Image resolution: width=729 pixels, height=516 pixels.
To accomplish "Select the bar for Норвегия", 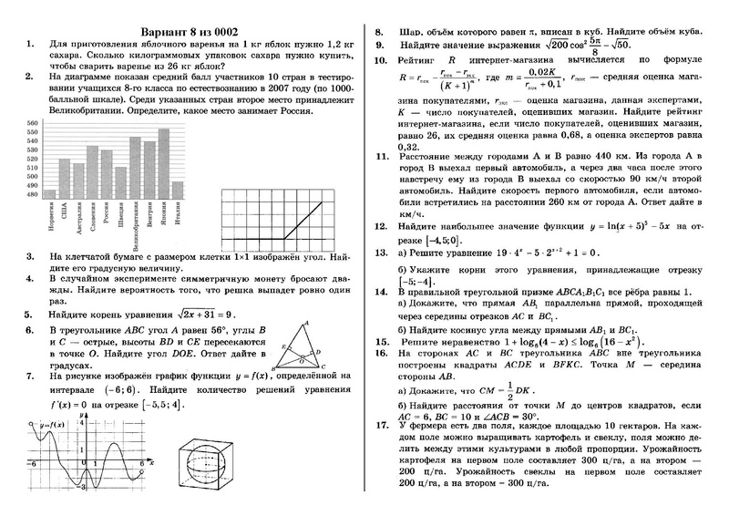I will [49, 193].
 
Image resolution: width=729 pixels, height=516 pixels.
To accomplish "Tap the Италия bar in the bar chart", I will [178, 190].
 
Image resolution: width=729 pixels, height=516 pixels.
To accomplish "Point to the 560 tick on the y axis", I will [33, 123].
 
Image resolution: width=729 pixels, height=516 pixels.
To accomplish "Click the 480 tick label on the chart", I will [33, 194].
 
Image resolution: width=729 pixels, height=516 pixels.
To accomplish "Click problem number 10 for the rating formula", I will [382, 61].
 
